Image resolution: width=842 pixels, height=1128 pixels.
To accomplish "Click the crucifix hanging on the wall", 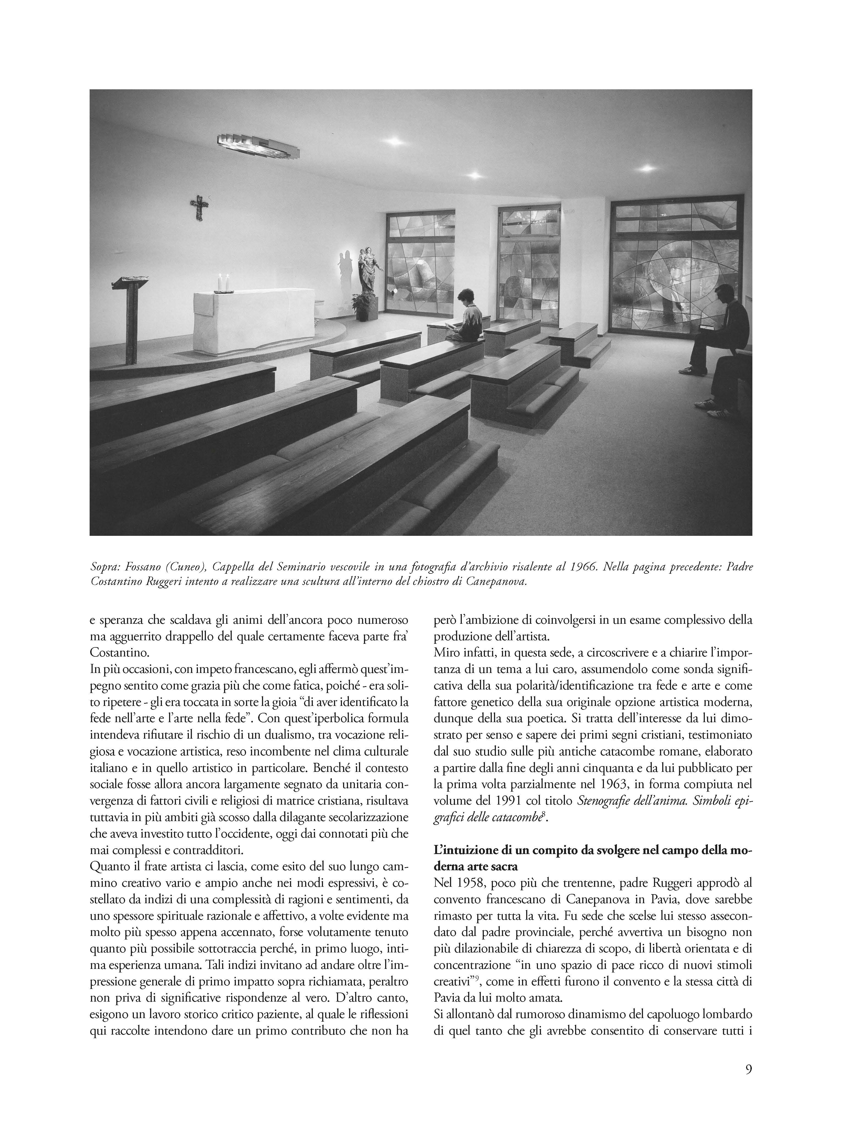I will (x=199, y=206).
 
